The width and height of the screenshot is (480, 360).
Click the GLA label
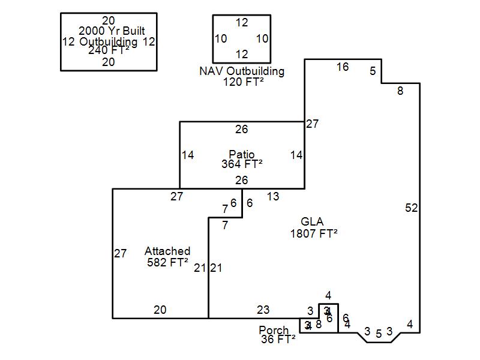pos(312,223)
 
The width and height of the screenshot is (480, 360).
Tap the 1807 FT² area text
pos(313,233)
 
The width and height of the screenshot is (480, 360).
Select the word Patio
pos(242,154)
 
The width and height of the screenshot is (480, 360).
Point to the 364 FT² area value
pos(242,163)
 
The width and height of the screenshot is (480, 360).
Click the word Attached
pos(167,251)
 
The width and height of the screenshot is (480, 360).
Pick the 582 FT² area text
pos(167,262)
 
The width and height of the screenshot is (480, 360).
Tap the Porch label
pos(274,331)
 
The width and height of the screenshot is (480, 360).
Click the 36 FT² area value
pos(278,340)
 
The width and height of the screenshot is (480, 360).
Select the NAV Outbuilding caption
pos(242,71)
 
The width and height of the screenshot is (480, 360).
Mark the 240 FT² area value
pos(109,50)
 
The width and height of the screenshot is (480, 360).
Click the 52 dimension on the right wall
pos(411,208)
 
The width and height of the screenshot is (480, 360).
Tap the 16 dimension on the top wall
pos(342,67)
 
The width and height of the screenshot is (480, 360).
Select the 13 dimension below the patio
pos(273,196)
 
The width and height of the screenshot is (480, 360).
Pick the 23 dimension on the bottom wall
pos(263,310)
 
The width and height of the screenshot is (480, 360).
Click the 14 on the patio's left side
pos(188,155)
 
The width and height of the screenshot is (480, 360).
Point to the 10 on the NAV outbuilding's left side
pos(221,39)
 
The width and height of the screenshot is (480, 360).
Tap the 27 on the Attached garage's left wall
pos(120,254)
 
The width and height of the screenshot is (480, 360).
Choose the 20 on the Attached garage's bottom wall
pos(160,310)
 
